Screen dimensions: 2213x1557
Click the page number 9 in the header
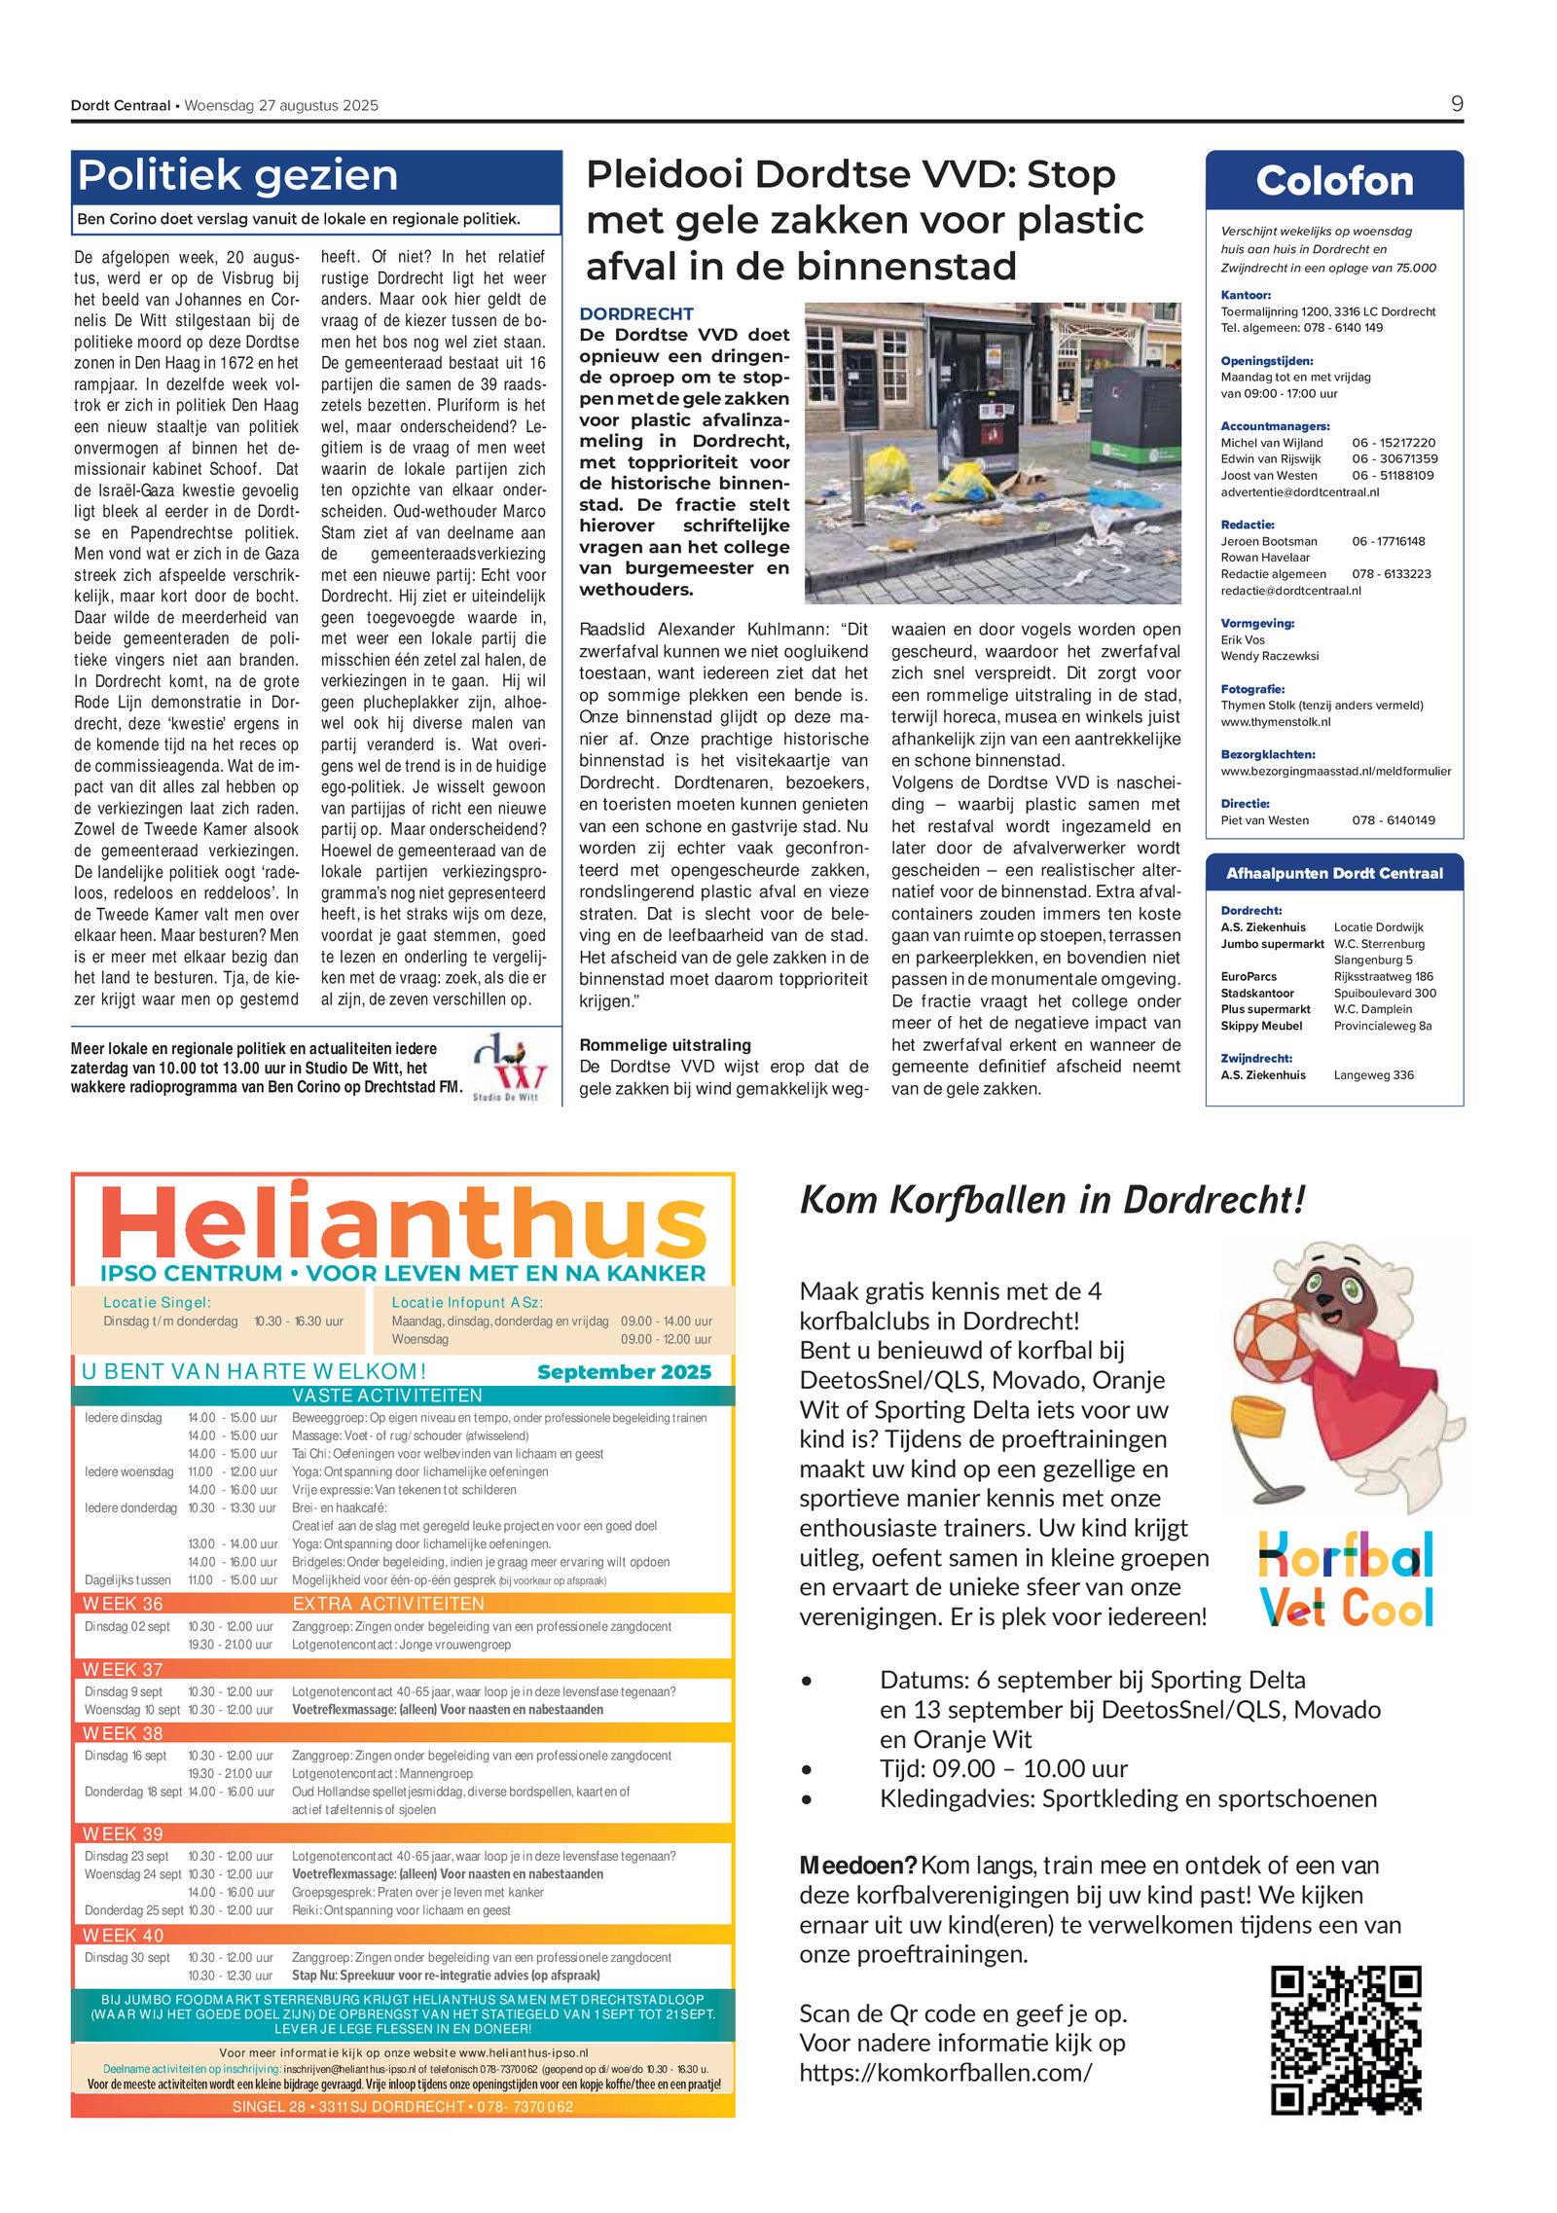(1456, 104)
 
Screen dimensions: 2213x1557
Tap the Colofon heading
(1333, 181)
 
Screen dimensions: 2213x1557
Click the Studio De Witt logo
(507, 1067)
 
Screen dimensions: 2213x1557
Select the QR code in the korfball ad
(1345, 2039)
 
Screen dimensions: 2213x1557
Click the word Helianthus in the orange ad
(403, 1222)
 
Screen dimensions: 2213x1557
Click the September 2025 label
(624, 1372)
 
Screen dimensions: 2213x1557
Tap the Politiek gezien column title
(238, 176)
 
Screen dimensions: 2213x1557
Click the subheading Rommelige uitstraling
(665, 1045)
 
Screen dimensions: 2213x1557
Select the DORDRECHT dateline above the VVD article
(636, 313)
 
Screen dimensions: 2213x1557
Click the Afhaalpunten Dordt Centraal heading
(1333, 873)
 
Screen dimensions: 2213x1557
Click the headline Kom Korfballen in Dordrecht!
(1051, 1201)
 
